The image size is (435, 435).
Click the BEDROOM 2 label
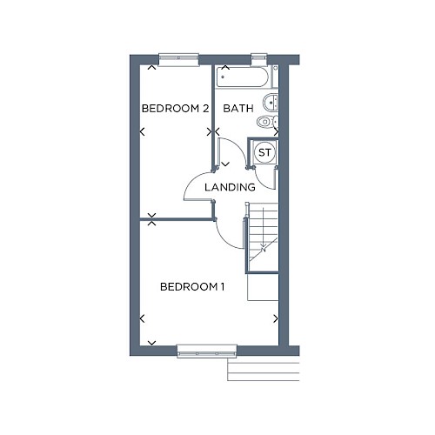[175, 109]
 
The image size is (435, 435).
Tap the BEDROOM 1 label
[192, 287]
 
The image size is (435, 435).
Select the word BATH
[238, 109]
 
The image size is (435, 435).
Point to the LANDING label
[230, 187]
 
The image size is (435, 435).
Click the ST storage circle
[264, 152]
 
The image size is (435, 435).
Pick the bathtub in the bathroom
[243, 77]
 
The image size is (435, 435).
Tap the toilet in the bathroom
[267, 122]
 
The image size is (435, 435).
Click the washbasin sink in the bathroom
[271, 102]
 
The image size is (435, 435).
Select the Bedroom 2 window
[178, 60]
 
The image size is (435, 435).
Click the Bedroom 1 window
[207, 351]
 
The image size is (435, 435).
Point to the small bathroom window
[259, 60]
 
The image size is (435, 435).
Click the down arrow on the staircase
[264, 230]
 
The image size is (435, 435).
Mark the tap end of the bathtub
[223, 77]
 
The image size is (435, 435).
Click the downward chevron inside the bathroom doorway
[225, 164]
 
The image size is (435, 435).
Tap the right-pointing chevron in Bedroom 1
[276, 318]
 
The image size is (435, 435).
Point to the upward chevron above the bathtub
[225, 68]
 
